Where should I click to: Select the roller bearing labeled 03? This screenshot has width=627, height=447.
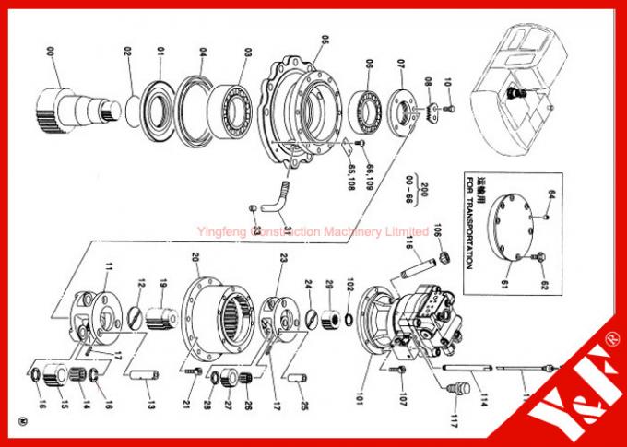234,102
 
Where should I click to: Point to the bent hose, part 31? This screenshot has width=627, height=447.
274,194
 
